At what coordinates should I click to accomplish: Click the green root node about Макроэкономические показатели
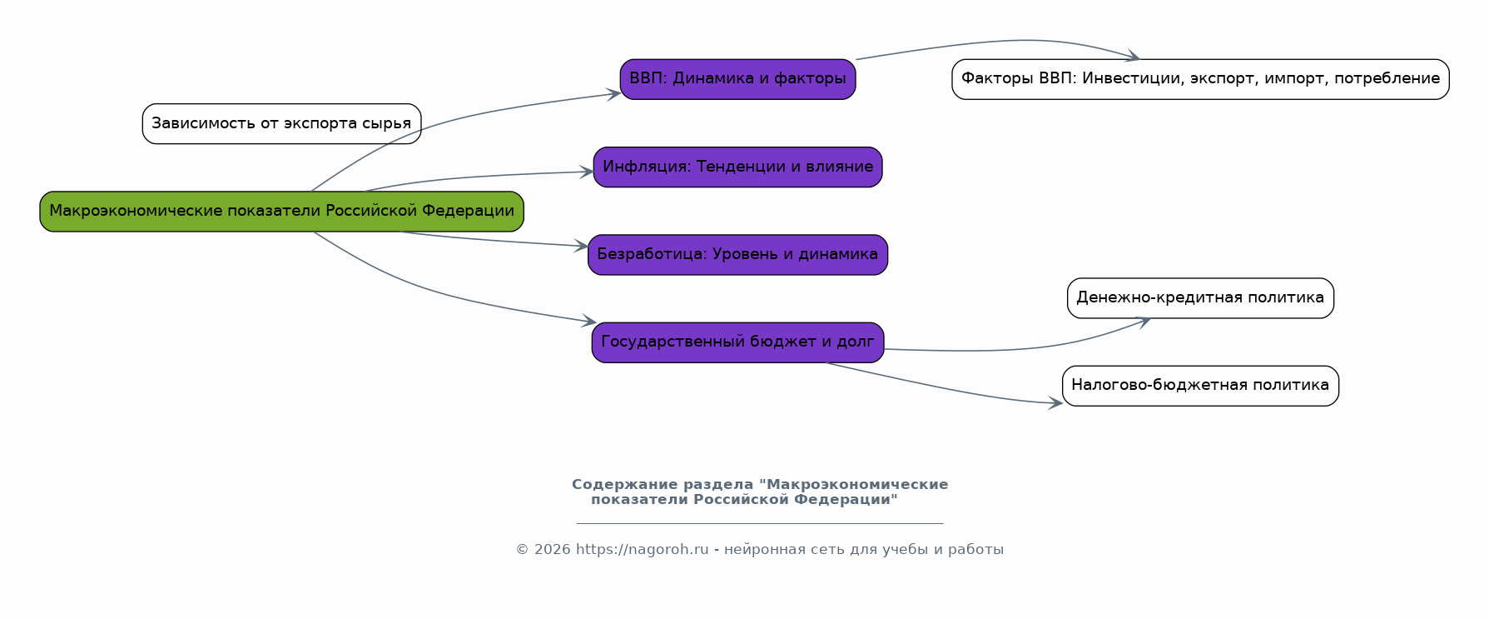[281, 212]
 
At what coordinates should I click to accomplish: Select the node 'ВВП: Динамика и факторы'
[737, 79]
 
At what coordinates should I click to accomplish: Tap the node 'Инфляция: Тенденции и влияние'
[737, 167]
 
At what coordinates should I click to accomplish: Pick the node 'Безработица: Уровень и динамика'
[737, 254]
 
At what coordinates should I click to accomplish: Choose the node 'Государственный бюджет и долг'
[737, 342]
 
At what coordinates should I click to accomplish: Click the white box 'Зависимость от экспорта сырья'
[281, 124]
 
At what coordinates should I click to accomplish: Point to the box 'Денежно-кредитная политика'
[1200, 298]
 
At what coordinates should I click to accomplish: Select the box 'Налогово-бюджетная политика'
[1200, 386]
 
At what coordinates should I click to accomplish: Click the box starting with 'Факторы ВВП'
[1200, 79]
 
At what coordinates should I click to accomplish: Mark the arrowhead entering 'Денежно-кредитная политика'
[1144, 320]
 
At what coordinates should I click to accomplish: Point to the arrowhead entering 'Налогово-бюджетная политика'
[1056, 403]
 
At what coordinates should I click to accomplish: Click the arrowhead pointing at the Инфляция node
[587, 172]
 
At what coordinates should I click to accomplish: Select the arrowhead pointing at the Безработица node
[582, 246]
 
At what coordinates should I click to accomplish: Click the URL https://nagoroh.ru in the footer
[642, 550]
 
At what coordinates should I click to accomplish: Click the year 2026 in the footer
[552, 550]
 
